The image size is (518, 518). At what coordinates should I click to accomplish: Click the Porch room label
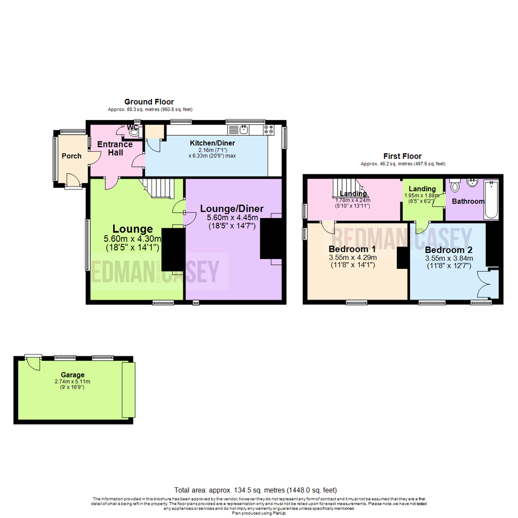pos(71,156)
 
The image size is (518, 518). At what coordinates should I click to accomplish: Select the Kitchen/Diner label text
pos(212,143)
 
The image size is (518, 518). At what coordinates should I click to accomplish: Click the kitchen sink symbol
pos(244,129)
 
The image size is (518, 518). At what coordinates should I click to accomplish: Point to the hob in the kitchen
pos(269,129)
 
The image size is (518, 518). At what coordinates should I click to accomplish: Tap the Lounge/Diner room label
pos(232,209)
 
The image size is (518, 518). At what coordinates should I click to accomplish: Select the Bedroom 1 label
pos(352,249)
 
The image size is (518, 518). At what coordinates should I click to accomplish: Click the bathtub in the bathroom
pos(492,200)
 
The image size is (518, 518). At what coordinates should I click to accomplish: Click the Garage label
pos(72,375)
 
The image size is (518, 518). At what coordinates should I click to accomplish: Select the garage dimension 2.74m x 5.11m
pos(72,382)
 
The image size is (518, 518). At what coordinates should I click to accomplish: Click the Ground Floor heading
pos(149,102)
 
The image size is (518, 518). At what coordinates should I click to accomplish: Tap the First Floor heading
pos(402,156)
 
